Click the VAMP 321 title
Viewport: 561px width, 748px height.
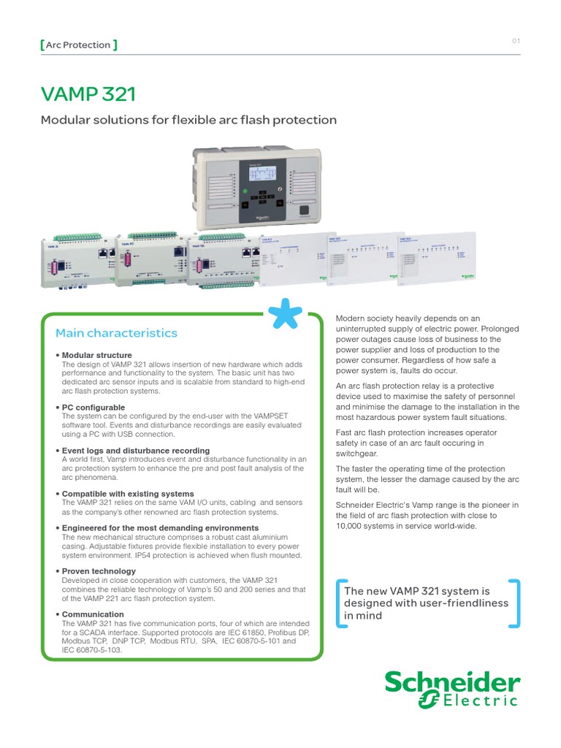(x=88, y=95)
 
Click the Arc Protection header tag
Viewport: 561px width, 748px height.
(x=77, y=45)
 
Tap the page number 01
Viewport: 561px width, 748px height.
(x=516, y=42)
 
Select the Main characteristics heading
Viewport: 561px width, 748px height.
(x=116, y=333)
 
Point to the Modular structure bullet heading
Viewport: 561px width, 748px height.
(x=96, y=356)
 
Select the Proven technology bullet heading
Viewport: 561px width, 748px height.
(x=99, y=571)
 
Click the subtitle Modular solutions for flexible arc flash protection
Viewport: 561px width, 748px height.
(x=189, y=120)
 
